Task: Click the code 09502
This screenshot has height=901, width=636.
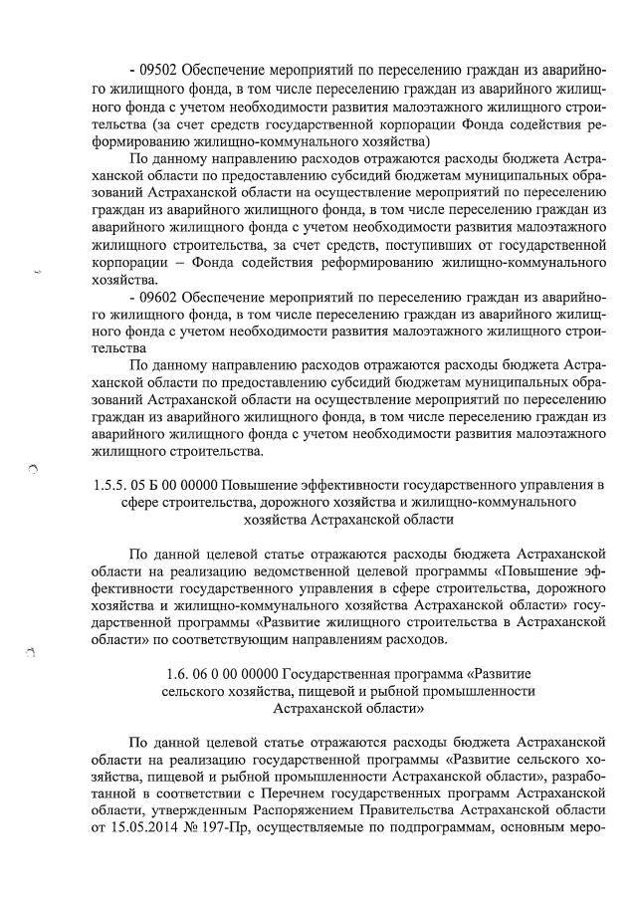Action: [163, 71]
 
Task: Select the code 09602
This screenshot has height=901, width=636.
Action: [163, 298]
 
